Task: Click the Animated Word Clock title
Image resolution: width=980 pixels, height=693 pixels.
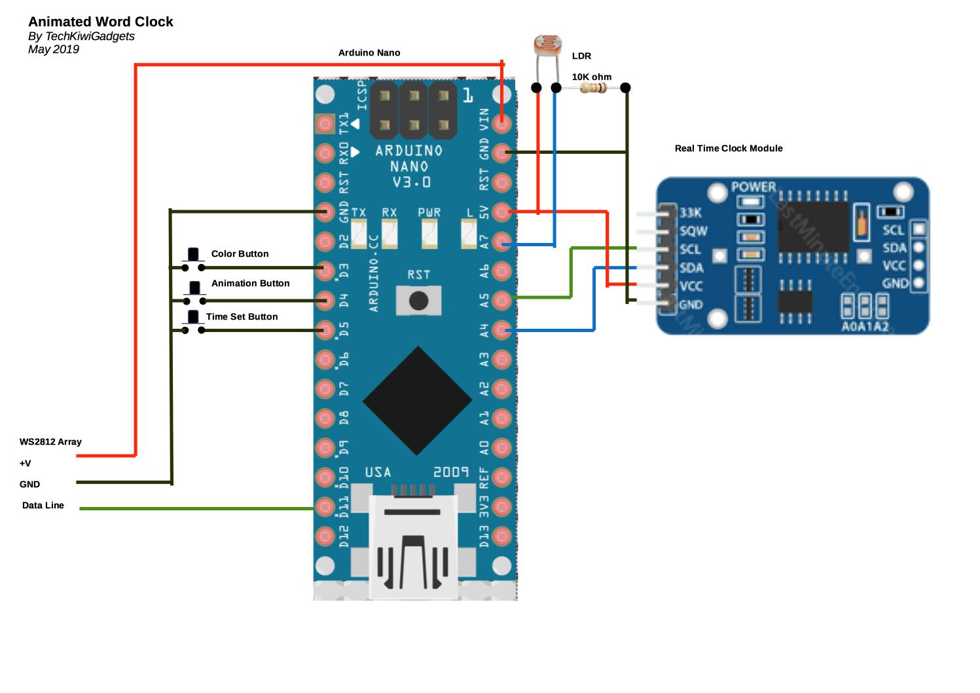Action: [100, 22]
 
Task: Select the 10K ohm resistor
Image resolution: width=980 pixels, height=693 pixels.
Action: [593, 88]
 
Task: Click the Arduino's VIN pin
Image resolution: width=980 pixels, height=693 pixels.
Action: [501, 122]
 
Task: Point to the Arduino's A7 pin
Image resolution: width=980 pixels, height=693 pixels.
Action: [501, 241]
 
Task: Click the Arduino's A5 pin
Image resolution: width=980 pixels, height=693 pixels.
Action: [501, 300]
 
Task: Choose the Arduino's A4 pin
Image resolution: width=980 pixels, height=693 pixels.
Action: [501, 329]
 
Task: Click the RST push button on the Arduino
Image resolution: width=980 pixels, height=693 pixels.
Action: [418, 301]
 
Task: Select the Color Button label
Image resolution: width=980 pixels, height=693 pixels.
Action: [240, 253]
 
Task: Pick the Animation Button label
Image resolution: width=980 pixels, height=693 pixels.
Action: [250, 283]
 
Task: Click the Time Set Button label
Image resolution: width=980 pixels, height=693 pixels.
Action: [242, 316]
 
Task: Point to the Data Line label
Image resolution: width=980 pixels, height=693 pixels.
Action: [43, 505]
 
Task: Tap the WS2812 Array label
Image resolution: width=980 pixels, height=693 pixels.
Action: [50, 441]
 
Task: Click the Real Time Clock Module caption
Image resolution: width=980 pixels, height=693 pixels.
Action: [729, 148]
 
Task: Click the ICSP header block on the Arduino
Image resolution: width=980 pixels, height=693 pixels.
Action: [413, 109]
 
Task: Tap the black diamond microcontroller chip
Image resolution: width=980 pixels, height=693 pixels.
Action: [418, 401]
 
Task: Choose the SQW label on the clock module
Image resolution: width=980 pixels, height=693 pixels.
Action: [693, 231]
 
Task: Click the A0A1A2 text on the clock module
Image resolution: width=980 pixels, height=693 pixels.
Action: [865, 326]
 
